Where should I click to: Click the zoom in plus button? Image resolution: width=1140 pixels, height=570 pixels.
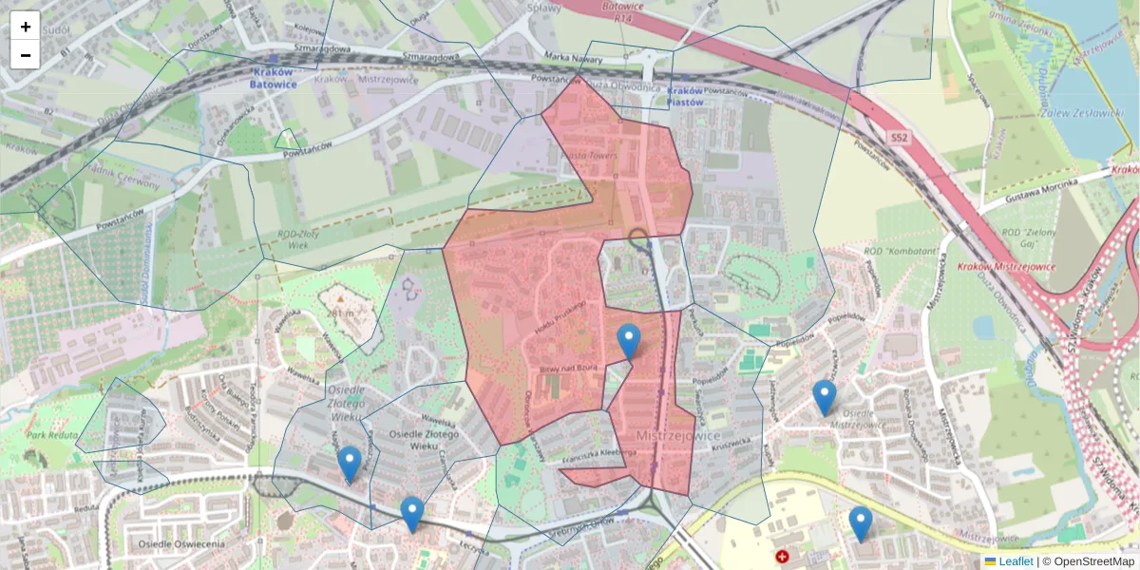(26, 26)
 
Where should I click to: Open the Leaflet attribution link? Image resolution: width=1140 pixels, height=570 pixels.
(1015, 561)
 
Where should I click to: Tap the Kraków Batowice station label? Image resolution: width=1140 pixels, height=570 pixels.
(273, 78)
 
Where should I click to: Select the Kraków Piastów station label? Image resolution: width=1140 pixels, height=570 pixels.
(685, 96)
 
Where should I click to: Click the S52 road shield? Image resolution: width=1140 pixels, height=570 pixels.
(900, 139)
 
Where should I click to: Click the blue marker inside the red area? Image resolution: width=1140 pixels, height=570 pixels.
(628, 342)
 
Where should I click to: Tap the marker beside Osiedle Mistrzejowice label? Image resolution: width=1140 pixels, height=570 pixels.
(824, 398)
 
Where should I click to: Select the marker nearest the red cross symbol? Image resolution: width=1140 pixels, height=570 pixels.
(860, 524)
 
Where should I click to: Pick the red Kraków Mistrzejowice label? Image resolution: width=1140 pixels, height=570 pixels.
(1006, 267)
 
